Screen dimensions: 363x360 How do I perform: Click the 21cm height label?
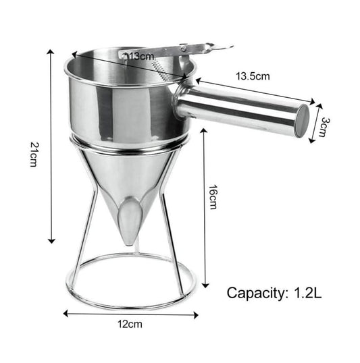(32, 155)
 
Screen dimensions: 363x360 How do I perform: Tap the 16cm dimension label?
(213, 196)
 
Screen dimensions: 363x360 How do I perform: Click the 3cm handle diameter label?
(324, 125)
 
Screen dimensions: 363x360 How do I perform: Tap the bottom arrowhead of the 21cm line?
(51, 242)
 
